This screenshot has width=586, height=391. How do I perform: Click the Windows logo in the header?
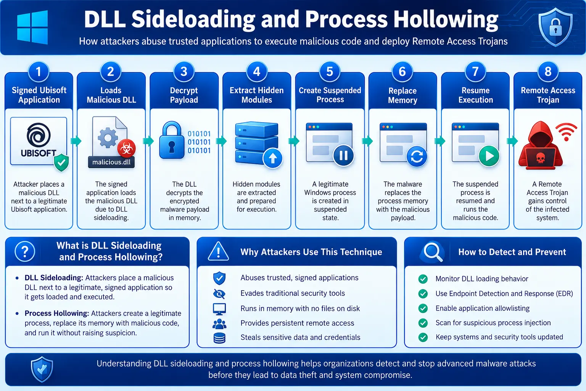32,27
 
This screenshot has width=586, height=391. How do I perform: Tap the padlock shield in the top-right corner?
555,27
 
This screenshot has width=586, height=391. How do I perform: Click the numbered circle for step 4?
257,71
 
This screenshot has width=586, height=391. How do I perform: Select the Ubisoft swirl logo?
39,135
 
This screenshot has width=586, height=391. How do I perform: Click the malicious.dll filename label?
111,162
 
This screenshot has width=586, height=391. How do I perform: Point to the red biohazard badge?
127,148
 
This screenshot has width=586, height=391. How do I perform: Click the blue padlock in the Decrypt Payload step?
172,140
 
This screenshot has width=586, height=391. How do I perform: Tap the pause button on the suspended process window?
343,155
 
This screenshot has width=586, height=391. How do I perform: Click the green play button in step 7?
489,156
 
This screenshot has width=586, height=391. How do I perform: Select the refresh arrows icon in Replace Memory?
417,157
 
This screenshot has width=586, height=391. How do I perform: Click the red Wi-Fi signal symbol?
566,132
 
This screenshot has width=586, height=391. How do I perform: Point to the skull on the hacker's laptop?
541,158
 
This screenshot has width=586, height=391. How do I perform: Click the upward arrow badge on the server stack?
273,158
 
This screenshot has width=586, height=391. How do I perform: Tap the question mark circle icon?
25,252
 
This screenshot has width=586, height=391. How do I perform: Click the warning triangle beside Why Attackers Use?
219,251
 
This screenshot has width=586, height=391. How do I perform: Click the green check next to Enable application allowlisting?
423,308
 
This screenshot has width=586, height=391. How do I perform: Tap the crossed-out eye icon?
219,294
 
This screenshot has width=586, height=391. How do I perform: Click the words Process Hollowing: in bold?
57,313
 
